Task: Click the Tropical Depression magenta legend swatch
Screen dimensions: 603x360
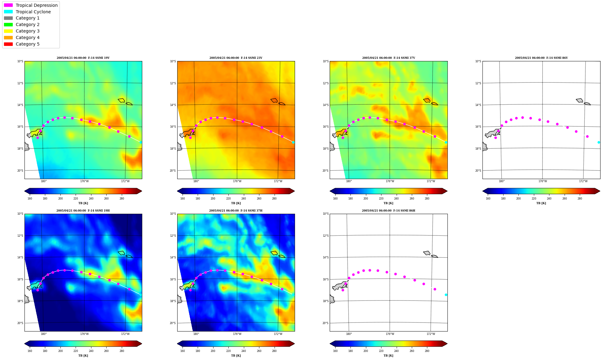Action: pos(8,5)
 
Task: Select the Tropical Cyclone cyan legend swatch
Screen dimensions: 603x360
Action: pos(8,12)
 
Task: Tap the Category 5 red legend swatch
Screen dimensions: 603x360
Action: pos(8,44)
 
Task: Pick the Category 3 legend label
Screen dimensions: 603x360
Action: pos(28,31)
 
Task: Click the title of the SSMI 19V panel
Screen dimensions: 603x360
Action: pos(83,58)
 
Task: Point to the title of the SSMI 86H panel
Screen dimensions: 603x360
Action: pos(389,211)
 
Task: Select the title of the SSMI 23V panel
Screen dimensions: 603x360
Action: pos(236,58)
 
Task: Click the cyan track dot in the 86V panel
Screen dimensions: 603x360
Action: pos(599,142)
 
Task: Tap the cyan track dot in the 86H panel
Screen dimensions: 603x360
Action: pos(446,295)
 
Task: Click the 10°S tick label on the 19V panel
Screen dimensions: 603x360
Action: pos(20,61)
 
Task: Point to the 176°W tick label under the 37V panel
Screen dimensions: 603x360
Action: pos(390,181)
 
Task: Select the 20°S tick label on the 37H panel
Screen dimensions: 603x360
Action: pos(173,323)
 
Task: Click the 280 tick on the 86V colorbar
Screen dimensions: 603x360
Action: pos(580,199)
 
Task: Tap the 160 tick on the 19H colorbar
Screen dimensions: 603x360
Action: pos(30,351)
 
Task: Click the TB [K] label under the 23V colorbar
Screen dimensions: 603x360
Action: pos(236,203)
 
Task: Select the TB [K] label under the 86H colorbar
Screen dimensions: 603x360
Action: pos(389,356)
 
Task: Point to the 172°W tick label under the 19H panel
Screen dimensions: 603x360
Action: pos(125,334)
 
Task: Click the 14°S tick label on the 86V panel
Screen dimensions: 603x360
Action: pos(478,105)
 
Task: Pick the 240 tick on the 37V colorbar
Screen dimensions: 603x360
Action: pos(396,199)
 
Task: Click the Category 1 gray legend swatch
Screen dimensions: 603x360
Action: pos(8,18)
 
